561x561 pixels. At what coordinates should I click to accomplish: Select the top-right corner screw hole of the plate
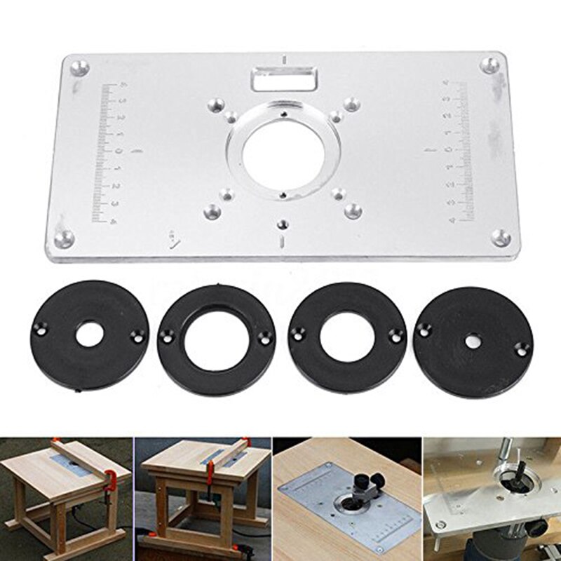491,65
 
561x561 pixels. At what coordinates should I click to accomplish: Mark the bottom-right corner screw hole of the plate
501,237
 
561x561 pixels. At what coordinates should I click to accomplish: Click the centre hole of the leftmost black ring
88,335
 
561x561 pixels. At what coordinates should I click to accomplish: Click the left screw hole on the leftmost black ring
41,327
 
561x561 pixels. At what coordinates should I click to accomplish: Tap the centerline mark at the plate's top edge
283,59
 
